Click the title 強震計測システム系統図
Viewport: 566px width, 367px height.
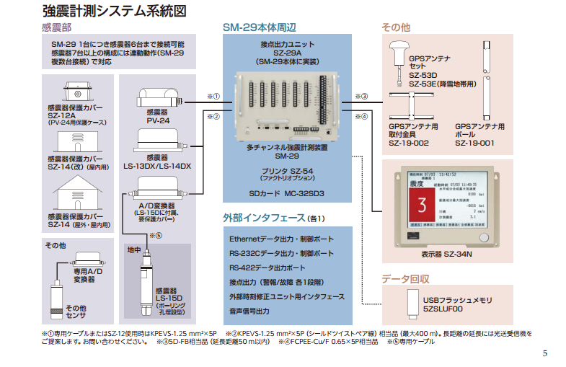click(x=115, y=12)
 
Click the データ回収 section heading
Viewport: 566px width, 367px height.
click(x=405, y=279)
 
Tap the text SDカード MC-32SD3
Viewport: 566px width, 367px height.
click(x=287, y=194)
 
